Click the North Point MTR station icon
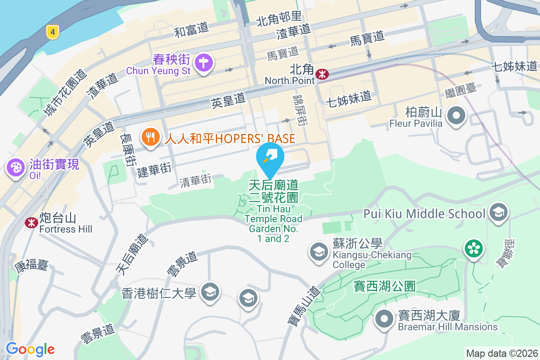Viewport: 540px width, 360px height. click(x=322, y=74)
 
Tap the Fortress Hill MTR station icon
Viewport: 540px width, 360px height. click(x=31, y=222)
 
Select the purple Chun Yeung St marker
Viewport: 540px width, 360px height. click(x=203, y=63)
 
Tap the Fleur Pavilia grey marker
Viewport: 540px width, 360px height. click(x=457, y=115)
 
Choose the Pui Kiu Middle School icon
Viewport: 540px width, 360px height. click(x=498, y=212)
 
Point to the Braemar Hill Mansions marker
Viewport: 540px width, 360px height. click(x=384, y=318)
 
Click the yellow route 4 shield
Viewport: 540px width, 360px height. click(x=53, y=32)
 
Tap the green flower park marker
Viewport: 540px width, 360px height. click(x=474, y=249)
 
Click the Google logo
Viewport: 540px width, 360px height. click(x=30, y=349)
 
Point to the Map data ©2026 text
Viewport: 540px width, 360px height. click(x=502, y=353)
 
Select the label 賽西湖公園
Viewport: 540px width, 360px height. click(x=384, y=286)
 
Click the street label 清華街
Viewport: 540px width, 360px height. click(x=195, y=180)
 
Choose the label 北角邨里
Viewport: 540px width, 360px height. click(x=279, y=19)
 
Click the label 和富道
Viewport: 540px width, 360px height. click(x=191, y=30)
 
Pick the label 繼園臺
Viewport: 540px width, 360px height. click(x=461, y=88)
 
